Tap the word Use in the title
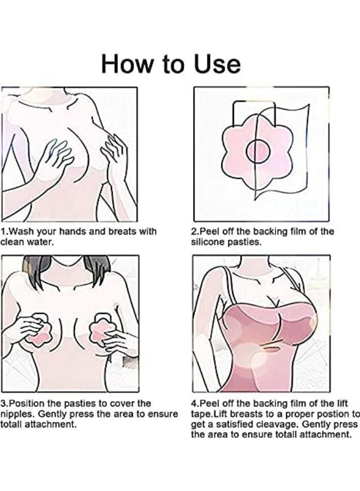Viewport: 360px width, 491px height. click(x=217, y=64)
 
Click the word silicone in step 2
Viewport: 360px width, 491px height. click(x=207, y=241)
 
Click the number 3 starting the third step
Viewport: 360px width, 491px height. click(x=3, y=403)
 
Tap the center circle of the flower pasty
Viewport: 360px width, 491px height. click(x=257, y=151)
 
